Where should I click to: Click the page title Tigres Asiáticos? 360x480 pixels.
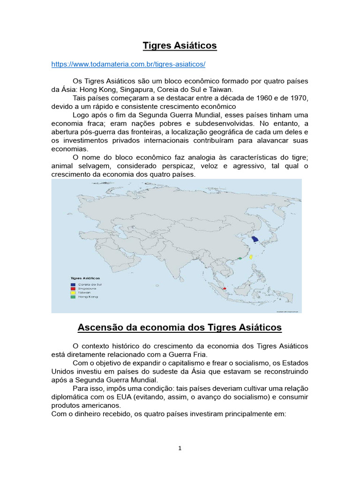[x=180, y=45]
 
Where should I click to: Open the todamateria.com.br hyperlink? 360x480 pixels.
[x=128, y=63]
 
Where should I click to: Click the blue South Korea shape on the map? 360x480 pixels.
[x=255, y=239]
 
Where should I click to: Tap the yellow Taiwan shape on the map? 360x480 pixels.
[x=251, y=257]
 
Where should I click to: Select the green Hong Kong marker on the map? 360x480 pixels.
[x=240, y=258]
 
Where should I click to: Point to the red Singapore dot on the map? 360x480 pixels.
[x=225, y=288]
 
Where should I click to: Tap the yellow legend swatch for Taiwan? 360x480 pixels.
[x=73, y=292]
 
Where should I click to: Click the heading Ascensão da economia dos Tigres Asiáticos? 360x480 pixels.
[x=180, y=327]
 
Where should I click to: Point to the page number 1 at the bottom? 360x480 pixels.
[x=180, y=448]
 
